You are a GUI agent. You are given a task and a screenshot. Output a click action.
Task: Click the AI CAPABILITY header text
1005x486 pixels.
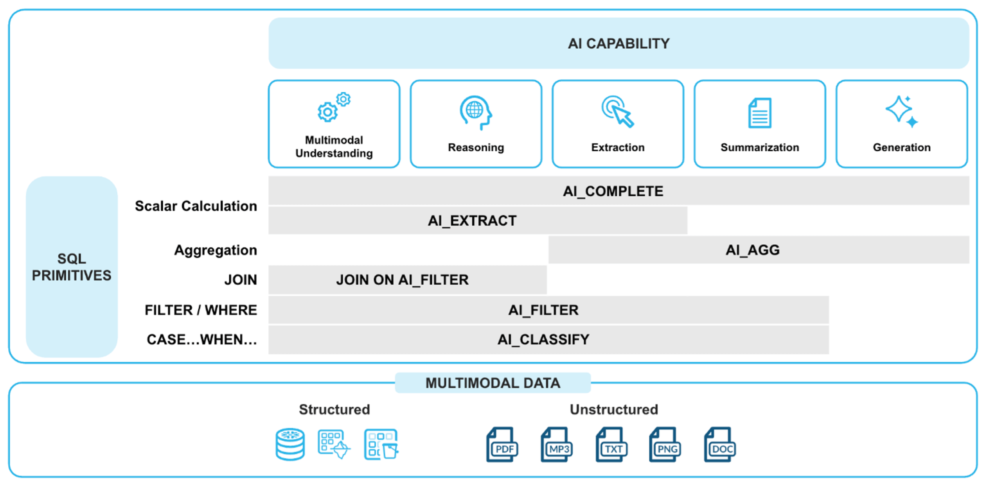pyautogui.click(x=618, y=43)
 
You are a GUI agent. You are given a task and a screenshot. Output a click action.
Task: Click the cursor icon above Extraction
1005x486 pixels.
pyautogui.click(x=618, y=112)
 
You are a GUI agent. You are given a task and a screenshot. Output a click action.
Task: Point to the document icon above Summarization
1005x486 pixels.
pyautogui.click(x=760, y=113)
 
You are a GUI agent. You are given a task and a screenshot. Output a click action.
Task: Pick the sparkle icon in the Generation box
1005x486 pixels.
pyautogui.click(x=901, y=111)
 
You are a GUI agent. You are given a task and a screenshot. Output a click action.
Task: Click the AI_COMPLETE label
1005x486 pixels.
pyautogui.click(x=613, y=191)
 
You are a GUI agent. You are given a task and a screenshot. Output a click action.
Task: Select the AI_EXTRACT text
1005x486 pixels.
pyautogui.click(x=472, y=221)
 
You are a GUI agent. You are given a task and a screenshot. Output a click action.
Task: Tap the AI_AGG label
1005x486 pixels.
pyautogui.click(x=752, y=250)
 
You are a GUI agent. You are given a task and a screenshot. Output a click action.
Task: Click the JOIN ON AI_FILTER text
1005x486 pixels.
pyautogui.click(x=402, y=280)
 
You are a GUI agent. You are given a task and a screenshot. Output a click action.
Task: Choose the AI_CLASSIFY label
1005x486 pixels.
pyautogui.click(x=543, y=339)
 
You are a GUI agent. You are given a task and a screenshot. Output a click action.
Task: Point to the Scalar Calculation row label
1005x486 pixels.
pyautogui.click(x=196, y=206)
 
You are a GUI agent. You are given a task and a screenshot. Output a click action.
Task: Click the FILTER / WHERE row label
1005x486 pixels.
pyautogui.click(x=201, y=310)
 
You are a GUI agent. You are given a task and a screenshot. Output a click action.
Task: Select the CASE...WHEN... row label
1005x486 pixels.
pyautogui.click(x=201, y=339)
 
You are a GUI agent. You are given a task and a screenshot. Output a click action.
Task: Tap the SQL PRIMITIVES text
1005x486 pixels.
pyautogui.click(x=72, y=267)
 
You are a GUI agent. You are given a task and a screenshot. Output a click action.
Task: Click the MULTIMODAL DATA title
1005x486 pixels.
pyautogui.click(x=493, y=383)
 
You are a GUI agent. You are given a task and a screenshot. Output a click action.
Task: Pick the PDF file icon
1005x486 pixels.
pyautogui.click(x=502, y=445)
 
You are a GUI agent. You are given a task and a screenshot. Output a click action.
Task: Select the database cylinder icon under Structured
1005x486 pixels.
pyautogui.click(x=290, y=444)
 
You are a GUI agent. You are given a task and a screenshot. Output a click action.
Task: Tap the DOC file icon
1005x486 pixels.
pyautogui.click(x=720, y=445)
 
